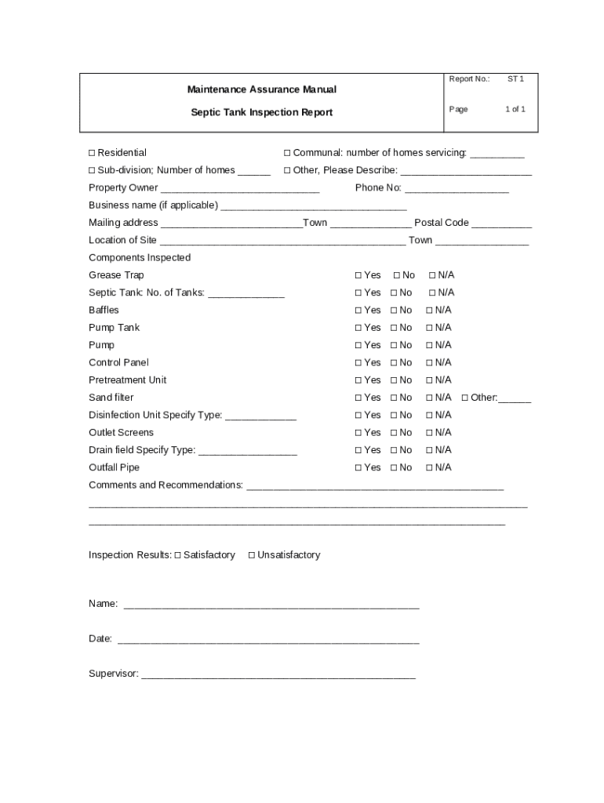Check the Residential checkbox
92,153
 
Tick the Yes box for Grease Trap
358,275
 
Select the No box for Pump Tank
394,328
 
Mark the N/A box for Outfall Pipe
430,467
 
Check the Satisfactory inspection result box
178,555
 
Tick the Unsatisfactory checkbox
252,555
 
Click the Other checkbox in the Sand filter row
465,398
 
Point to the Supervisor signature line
278,675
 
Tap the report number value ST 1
515,79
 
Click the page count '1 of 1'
515,109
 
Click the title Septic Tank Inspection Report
261,112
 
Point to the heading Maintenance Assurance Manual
261,90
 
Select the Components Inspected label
140,258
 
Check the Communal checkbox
287,153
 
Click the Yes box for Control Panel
358,363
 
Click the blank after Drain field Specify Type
248,452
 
